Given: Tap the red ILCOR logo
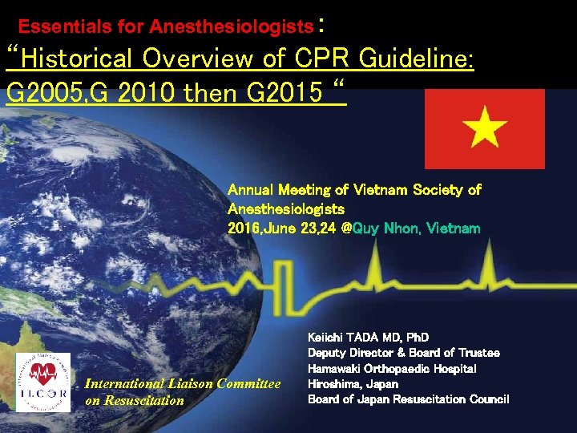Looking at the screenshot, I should (x=42, y=382).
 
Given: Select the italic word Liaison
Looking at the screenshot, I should (x=189, y=384).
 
